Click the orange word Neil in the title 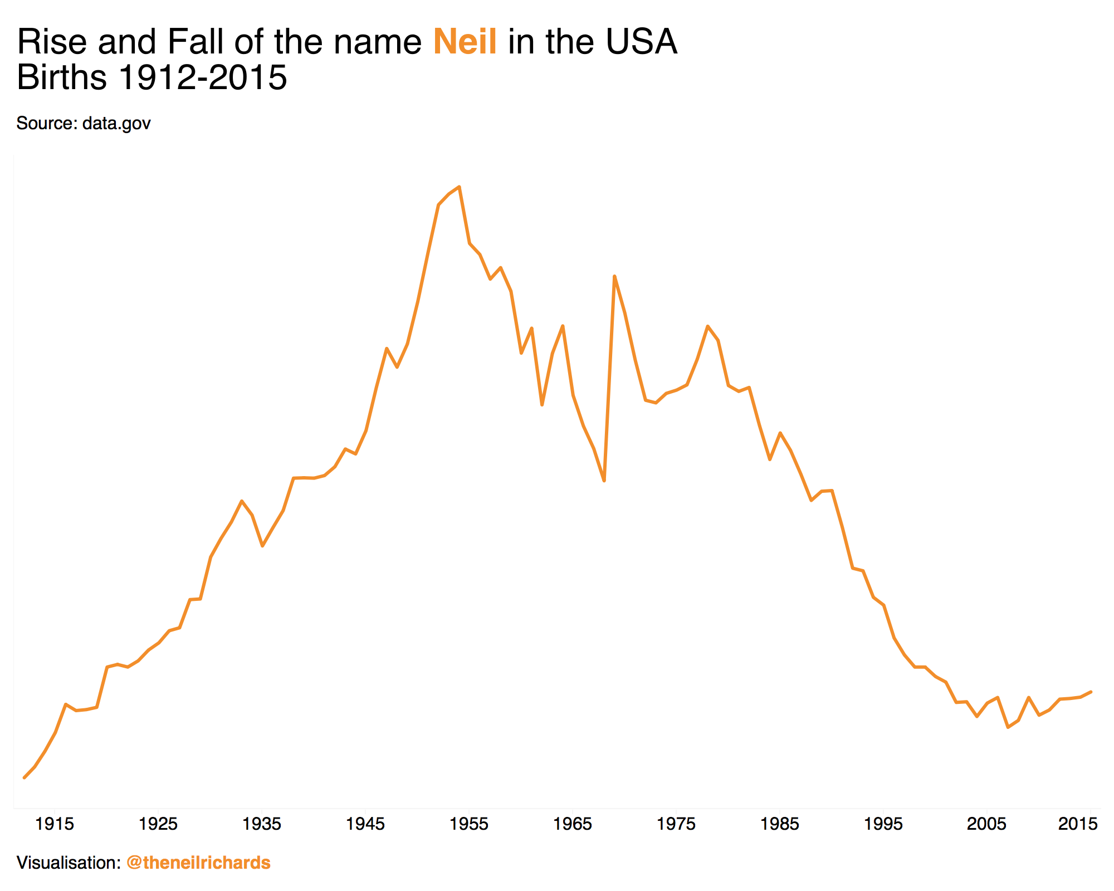465,42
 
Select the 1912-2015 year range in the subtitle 203,77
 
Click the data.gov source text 116,123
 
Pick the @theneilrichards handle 198,863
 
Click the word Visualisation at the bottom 68,863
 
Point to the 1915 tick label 55,824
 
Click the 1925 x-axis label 158,824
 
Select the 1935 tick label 262,824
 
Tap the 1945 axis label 365,824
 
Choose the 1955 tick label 469,824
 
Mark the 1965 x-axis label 573,824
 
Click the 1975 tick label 676,824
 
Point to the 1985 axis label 780,824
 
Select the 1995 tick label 883,824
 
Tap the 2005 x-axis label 987,824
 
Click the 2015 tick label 1078,824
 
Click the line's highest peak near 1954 459,187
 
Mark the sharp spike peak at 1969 614,276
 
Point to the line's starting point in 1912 24,777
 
